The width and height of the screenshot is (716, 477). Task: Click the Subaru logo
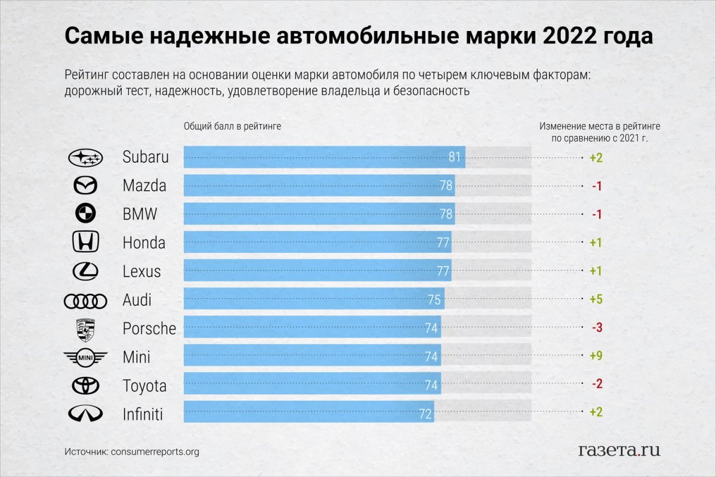point(86,157)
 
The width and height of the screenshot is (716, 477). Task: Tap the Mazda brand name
point(144,186)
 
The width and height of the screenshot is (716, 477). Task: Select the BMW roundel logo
point(85,214)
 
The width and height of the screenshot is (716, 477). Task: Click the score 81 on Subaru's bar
point(455,157)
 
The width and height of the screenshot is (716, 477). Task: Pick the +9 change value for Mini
point(595,356)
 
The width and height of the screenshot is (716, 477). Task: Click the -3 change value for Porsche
point(596,328)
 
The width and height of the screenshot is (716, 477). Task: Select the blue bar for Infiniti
point(308,413)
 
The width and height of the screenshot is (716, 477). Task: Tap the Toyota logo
point(85,386)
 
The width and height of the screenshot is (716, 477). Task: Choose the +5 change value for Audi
point(595,299)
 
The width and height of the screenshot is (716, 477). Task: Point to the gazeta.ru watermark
point(619,450)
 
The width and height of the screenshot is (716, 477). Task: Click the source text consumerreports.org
point(155,452)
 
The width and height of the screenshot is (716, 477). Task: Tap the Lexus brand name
point(142,271)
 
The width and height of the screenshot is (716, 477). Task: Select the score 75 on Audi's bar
point(434,300)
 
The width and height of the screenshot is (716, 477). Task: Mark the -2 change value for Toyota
point(596,385)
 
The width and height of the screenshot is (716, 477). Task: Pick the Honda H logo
point(85,243)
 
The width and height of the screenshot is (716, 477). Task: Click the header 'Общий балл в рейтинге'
point(232,126)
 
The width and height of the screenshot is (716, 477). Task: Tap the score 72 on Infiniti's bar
point(425,413)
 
